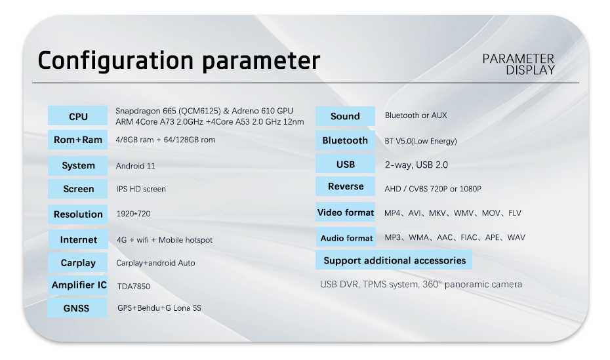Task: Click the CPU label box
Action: point(78,115)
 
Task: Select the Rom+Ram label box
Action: point(78,140)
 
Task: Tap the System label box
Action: point(78,166)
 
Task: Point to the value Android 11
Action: point(135,166)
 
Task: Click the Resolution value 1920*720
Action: point(133,213)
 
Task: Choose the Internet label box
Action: point(78,239)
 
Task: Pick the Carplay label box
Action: point(78,262)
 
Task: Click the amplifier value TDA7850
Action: point(133,286)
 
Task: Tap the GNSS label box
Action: point(77,308)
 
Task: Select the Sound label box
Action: point(345,116)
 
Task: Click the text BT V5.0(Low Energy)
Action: point(420,141)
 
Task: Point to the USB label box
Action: point(345,163)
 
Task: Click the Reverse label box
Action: point(345,186)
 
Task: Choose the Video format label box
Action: point(346,212)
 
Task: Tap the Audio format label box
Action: point(346,237)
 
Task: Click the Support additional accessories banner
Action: point(394,260)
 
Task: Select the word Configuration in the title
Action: point(115,61)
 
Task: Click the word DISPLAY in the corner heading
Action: point(530,70)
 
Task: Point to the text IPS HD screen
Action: point(141,189)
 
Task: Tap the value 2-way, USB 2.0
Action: point(417,165)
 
